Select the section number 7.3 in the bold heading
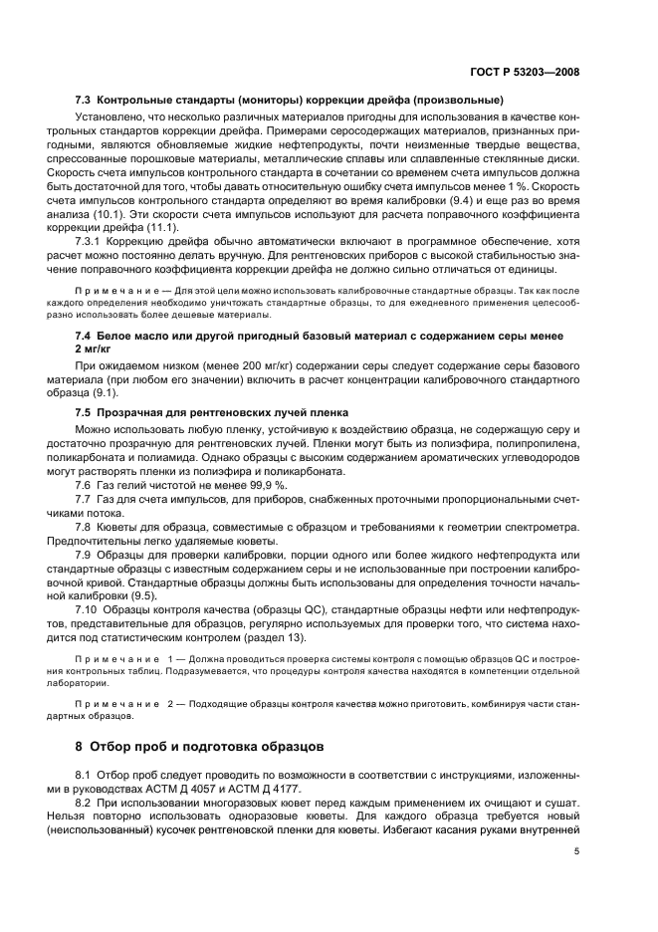pos(84,101)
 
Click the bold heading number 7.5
pos(84,412)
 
